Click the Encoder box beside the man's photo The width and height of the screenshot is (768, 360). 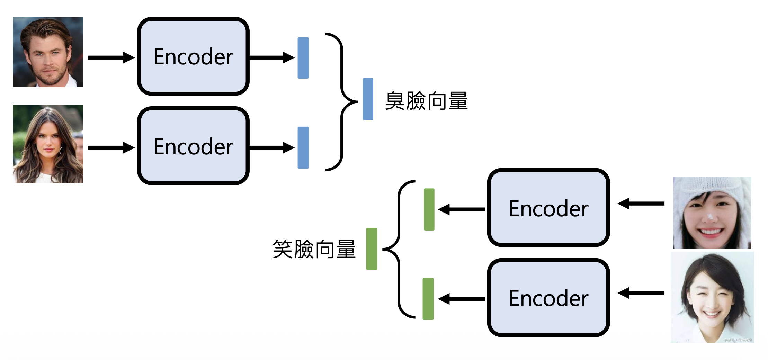193,56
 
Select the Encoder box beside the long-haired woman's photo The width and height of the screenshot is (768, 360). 193,146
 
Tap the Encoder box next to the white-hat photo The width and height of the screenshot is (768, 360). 548,208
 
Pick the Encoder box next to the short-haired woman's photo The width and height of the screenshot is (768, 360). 548,298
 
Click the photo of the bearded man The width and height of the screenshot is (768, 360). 48,52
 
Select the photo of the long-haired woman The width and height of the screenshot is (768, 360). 48,144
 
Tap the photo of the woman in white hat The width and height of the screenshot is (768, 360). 712,213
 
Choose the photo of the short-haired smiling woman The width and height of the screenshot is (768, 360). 712,297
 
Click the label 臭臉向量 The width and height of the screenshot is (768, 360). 426,101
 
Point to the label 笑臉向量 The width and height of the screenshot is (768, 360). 314,249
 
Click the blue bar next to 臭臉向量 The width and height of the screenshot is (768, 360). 368,99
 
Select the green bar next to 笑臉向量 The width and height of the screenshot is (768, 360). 372,249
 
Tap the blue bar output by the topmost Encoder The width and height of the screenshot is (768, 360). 303,58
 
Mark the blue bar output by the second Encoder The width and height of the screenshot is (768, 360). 303,147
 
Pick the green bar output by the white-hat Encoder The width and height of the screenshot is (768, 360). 429,209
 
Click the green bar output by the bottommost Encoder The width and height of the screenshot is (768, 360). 428,299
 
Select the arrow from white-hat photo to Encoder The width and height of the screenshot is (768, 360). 641,204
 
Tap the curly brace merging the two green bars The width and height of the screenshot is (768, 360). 399,249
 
